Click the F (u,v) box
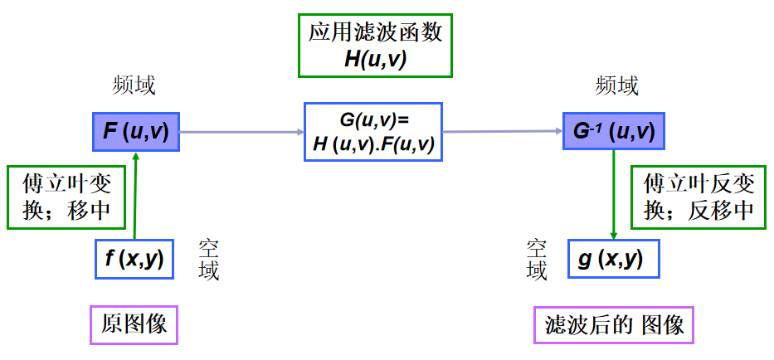click(135, 132)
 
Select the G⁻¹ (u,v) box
click(613, 131)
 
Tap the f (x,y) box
click(134, 260)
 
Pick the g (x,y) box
click(613, 260)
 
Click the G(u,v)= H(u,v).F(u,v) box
click(373, 131)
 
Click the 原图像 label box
click(134, 324)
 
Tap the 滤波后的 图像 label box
click(613, 324)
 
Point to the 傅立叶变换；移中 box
click(67, 197)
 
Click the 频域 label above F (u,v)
click(134, 85)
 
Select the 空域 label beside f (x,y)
click(208, 260)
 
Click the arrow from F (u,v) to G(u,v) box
click(241, 132)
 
